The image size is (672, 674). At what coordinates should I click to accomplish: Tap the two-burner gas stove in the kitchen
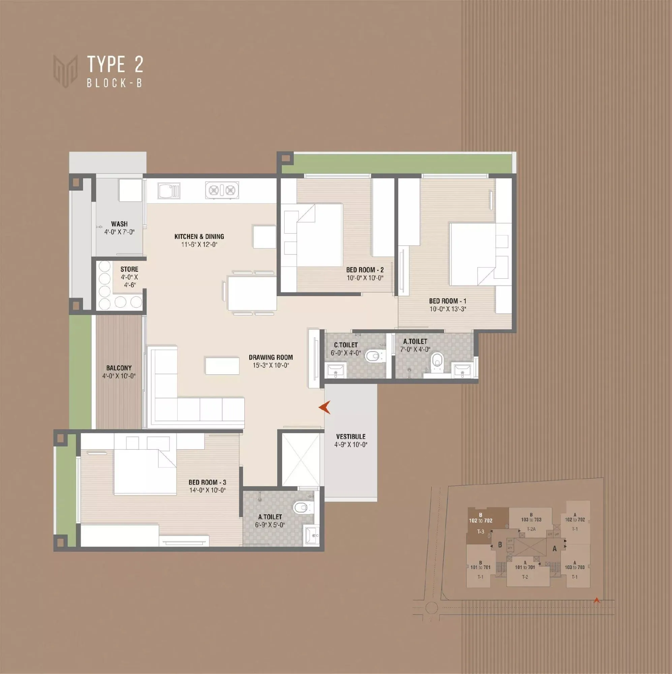point(222,190)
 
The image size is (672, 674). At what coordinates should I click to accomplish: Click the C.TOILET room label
point(346,345)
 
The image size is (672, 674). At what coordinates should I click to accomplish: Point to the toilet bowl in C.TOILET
point(373,356)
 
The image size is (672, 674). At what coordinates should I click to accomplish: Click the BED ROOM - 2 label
point(365,270)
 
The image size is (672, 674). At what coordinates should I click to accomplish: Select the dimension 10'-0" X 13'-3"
point(448,309)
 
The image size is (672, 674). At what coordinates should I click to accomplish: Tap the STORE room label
point(129,269)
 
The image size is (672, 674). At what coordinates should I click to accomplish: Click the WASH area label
point(119,224)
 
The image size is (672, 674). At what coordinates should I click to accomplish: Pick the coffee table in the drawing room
point(222,366)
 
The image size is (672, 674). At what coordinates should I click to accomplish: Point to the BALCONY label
point(119,368)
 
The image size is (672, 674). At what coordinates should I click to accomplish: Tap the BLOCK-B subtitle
point(115,83)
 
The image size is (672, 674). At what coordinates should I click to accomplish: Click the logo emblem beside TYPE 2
point(65,70)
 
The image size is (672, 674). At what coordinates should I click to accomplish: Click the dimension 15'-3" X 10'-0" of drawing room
point(271,365)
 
